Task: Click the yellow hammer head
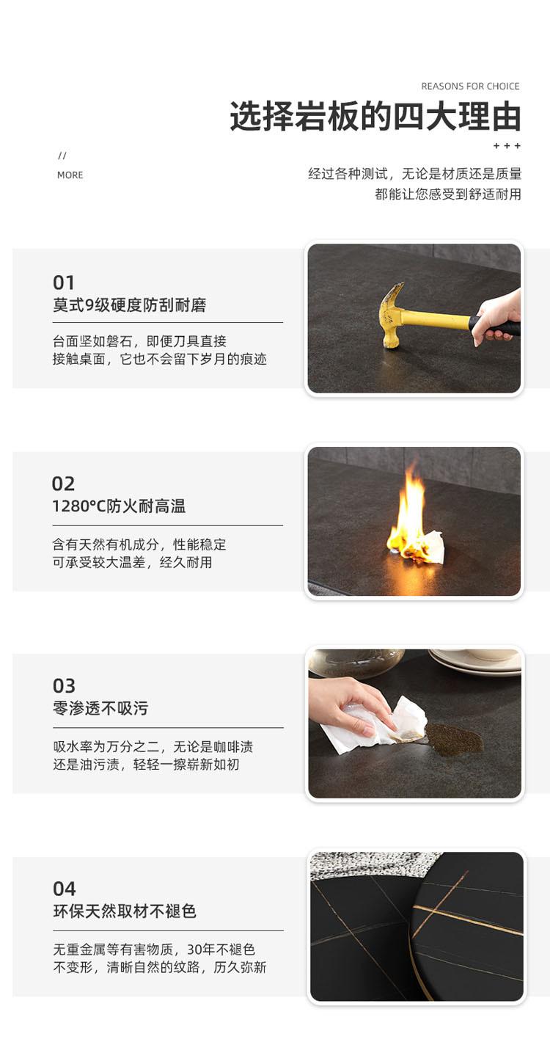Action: pyautogui.click(x=392, y=315)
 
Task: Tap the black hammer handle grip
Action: pyautogui.click(x=494, y=326)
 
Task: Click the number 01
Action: pyautogui.click(x=63, y=283)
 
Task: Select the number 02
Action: pyautogui.click(x=63, y=484)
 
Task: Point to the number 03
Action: pyautogui.click(x=64, y=686)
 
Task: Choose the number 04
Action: pyautogui.click(x=64, y=889)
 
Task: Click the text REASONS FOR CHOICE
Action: pyautogui.click(x=470, y=87)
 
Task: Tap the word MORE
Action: pyautogui.click(x=70, y=175)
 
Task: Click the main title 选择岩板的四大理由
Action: pyautogui.click(x=375, y=117)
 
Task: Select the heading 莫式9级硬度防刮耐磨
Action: pyautogui.click(x=129, y=305)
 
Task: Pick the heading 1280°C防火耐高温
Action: pyautogui.click(x=119, y=506)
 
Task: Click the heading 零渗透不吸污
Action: pyautogui.click(x=100, y=708)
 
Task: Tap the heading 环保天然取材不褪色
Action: pyautogui.click(x=125, y=911)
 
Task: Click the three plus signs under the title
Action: pyautogui.click(x=507, y=146)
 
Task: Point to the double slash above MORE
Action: pyautogui.click(x=62, y=156)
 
